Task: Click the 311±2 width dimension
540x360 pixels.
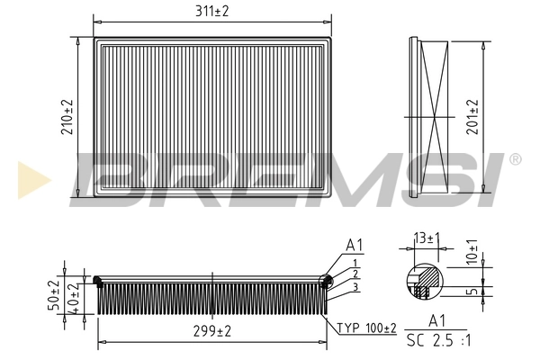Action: coord(211,11)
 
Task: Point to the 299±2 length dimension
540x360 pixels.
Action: coord(211,331)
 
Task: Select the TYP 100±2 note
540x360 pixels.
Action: coord(366,328)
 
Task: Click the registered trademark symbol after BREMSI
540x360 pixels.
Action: coord(515,159)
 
